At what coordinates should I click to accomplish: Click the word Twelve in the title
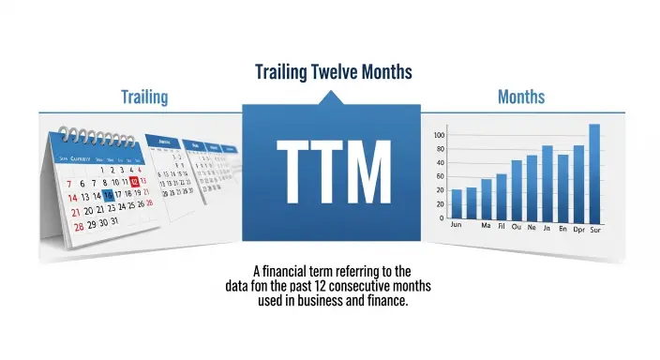click(336, 71)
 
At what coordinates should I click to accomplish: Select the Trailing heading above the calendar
click(144, 97)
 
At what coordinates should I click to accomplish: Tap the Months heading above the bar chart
click(521, 97)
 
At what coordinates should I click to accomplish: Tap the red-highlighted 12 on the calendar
click(135, 181)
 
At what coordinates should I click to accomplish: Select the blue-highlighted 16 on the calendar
click(108, 194)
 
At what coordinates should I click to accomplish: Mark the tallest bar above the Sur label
click(594, 172)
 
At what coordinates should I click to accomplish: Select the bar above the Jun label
click(457, 203)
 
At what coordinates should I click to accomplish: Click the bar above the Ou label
click(517, 188)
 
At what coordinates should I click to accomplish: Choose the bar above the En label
click(562, 186)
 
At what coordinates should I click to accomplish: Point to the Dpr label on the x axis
click(578, 228)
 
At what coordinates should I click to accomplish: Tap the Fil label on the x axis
click(501, 227)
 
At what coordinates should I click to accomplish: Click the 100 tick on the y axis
click(439, 136)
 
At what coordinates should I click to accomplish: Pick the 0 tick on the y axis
click(443, 217)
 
